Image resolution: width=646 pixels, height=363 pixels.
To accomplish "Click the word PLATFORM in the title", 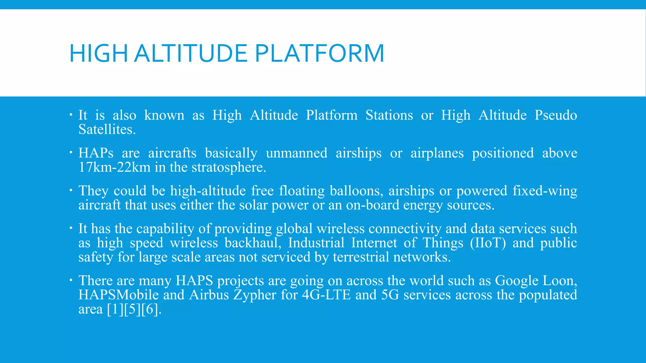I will coord(319,53).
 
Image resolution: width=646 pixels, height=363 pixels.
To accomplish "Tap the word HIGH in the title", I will coord(98,53).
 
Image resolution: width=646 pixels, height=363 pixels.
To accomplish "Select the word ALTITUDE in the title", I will coord(191,53).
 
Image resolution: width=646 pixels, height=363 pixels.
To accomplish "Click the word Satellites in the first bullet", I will coord(107,130).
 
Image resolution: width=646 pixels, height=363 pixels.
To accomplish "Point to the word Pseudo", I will coord(555,115).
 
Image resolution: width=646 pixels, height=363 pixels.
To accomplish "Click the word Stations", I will coord(389,115).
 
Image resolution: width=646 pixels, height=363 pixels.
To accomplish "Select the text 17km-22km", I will coord(114,167).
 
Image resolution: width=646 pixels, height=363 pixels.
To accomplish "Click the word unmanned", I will coord(297,153).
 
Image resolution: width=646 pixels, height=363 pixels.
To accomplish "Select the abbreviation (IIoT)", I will coord(488,243).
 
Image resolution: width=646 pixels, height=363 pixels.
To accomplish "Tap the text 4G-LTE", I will coord(326,295).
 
